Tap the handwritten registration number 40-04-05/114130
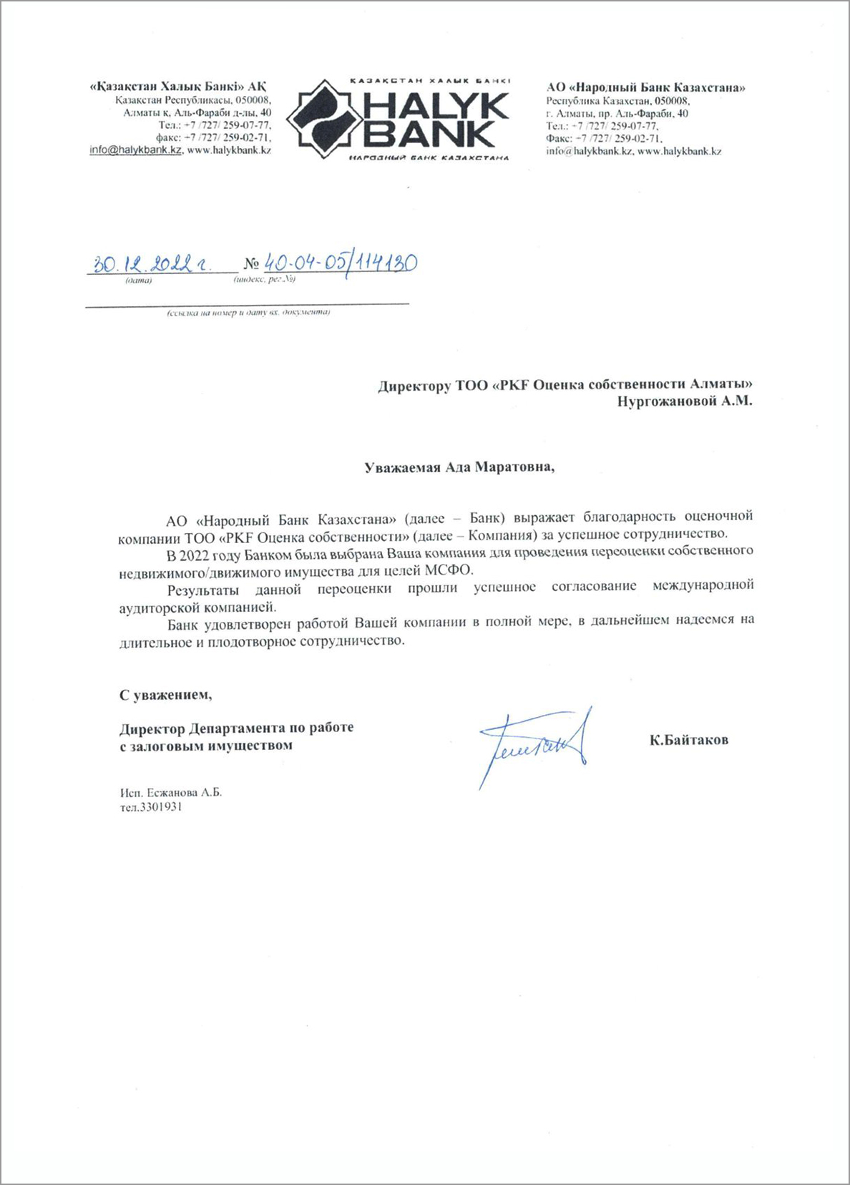pos(340,263)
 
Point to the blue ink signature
pos(535,744)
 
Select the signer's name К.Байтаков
pos(688,740)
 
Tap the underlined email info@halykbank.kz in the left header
pos(136,150)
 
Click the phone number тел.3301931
pos(151,806)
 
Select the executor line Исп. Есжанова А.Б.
pos(171,793)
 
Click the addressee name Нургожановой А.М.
pos(685,401)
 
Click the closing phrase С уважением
pos(165,694)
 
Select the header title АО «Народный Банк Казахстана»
pos(645,88)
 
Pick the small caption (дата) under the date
pos(138,281)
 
